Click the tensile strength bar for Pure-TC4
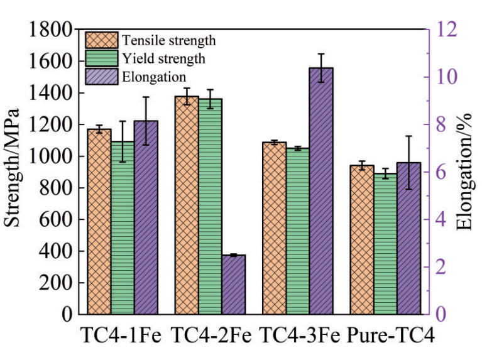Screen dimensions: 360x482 tap(361, 239)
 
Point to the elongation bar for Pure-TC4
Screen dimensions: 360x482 tap(408, 238)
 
